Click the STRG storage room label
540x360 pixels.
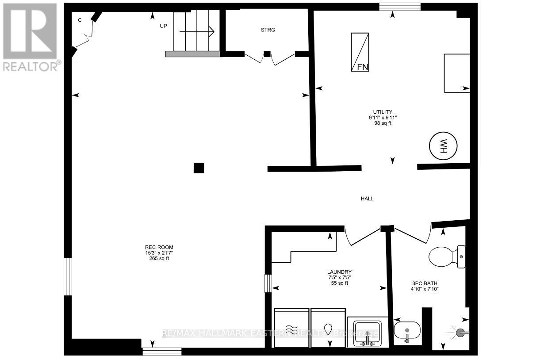(x=268, y=30)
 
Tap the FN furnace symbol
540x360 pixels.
(x=360, y=52)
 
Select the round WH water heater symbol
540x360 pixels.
(x=443, y=146)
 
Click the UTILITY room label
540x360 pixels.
(x=383, y=112)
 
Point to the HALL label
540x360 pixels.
(x=367, y=199)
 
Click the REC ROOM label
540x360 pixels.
(x=159, y=247)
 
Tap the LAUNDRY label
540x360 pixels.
(x=339, y=272)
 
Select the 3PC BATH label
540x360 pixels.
(x=424, y=283)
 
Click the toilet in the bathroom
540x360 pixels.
(x=447, y=257)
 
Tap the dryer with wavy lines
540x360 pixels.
(x=291, y=328)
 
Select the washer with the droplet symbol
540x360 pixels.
(x=328, y=328)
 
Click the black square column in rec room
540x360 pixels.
(x=199, y=168)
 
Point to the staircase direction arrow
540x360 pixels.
(x=197, y=31)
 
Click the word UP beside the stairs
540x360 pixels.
(x=164, y=26)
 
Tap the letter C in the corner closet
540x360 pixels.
(x=80, y=20)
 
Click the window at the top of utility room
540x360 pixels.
(x=400, y=7)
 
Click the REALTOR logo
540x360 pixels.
(x=31, y=37)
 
